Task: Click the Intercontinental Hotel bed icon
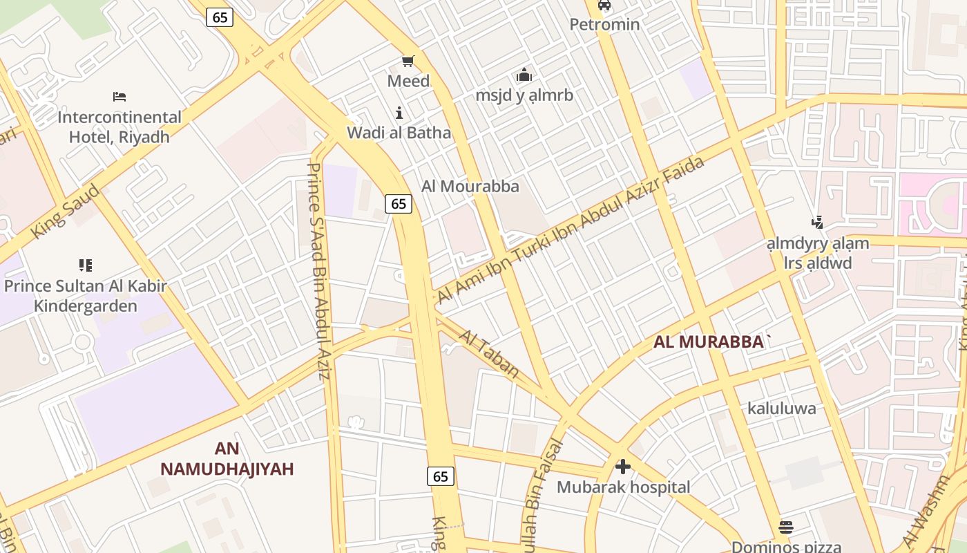(119, 97)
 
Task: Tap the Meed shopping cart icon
(408, 62)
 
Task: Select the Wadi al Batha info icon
(399, 113)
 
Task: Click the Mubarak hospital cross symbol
(623, 467)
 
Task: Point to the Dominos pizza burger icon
(785, 527)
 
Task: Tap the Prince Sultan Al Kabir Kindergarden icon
(86, 265)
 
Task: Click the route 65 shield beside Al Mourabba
(399, 203)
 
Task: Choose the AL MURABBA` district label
(712, 341)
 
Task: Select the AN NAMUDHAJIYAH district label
(227, 459)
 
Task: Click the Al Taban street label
(489, 354)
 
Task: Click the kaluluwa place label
(782, 409)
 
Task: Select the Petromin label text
(604, 25)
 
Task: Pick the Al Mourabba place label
(470, 187)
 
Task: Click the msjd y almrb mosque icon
(524, 75)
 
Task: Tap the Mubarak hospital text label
(623, 487)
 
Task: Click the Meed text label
(408, 81)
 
